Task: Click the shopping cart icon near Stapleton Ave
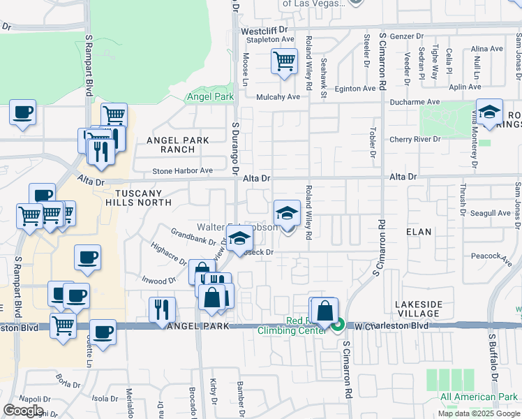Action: click(283, 61)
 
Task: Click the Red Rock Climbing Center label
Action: click(305, 325)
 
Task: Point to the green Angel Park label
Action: click(209, 97)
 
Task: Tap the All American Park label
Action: click(479, 397)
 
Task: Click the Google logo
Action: click(24, 410)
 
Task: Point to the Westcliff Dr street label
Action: click(264, 31)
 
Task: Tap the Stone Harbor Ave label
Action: click(183, 170)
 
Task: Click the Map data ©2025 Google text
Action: click(478, 413)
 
